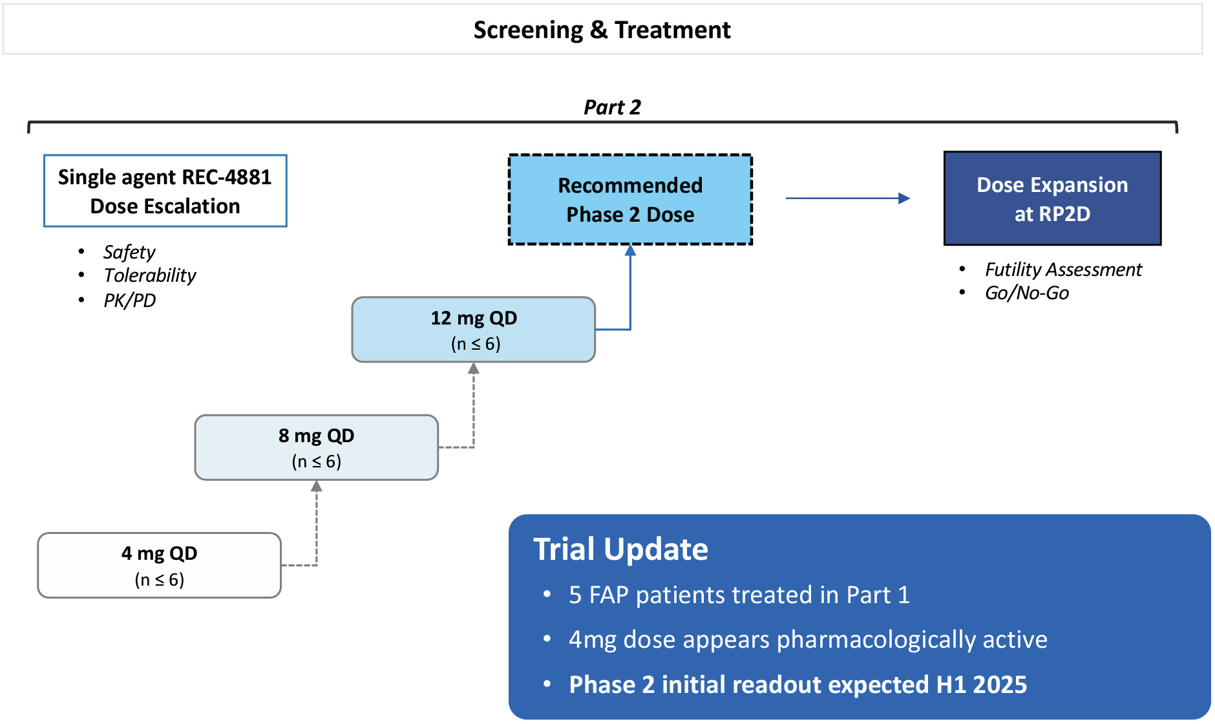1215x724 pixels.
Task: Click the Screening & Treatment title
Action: coord(602,30)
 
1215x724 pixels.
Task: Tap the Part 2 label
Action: coord(612,107)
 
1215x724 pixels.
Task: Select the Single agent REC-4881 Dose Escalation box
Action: coord(165,191)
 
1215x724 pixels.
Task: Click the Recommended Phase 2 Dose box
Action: coord(630,200)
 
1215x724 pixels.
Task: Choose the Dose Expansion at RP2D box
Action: coord(1052,199)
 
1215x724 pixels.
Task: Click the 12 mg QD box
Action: coord(473,330)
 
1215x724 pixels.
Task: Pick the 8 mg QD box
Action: coord(316,447)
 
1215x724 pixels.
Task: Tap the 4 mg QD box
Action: coord(159,566)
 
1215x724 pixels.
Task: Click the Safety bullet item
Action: coord(129,251)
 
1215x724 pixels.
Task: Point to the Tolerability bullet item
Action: coord(149,275)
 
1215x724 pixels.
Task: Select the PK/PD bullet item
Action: coord(129,300)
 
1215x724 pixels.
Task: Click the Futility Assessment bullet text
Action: coord(1063,270)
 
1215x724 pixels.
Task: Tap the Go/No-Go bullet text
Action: coord(1026,293)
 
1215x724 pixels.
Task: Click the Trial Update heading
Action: coord(620,549)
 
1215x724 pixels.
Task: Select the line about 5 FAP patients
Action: coord(739,595)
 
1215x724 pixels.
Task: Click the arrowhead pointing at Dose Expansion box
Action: coord(904,198)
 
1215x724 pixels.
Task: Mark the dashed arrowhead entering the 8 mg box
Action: coord(316,486)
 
